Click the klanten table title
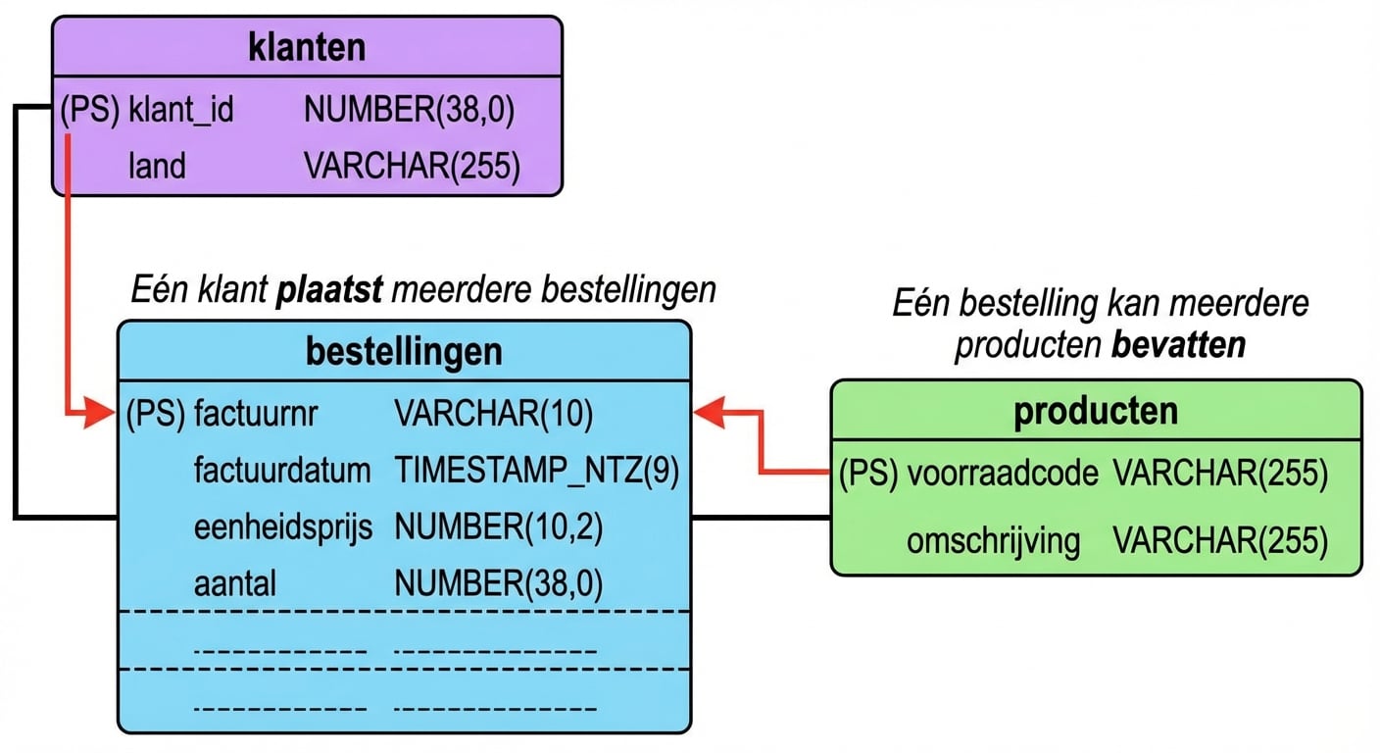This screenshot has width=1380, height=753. (307, 47)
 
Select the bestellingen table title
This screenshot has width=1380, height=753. (404, 352)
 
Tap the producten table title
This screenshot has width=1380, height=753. (1096, 411)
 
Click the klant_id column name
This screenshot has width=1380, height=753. (181, 110)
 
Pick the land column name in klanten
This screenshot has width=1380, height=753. (157, 166)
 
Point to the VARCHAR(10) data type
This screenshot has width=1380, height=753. (494, 414)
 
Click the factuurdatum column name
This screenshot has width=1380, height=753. (282, 471)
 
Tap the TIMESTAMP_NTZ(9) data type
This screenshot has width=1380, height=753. (537, 471)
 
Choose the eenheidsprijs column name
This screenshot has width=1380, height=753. (283, 527)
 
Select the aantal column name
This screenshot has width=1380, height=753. (235, 584)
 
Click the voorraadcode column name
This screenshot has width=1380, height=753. (1003, 474)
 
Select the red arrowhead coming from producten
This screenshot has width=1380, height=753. (708, 413)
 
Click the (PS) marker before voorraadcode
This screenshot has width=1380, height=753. (868, 474)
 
